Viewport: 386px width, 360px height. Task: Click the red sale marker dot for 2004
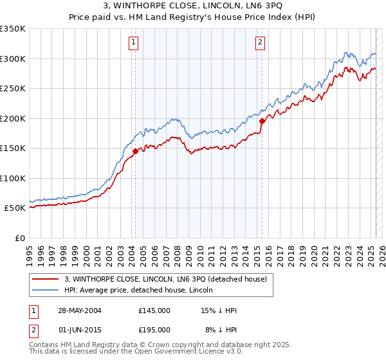coord(136,151)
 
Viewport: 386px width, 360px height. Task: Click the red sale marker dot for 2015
coord(262,121)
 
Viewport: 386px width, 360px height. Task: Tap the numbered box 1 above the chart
coord(133,43)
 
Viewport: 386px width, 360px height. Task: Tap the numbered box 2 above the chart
coord(260,43)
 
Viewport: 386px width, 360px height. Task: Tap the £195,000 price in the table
coord(154,329)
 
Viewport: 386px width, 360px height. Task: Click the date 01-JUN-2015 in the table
coord(78,329)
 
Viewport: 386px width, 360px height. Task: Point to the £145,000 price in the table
coord(154,310)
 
